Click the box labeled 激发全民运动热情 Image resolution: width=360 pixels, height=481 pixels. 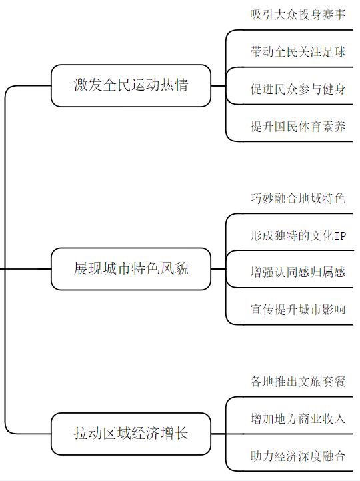[131, 85]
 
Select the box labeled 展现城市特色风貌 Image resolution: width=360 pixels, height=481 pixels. [131, 269]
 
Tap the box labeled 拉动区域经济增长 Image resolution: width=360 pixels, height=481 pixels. [131, 434]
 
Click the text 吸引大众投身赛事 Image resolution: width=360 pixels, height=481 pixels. [298, 15]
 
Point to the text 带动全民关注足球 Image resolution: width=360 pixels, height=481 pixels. [298, 52]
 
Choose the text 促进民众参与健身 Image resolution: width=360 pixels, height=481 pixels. [298, 89]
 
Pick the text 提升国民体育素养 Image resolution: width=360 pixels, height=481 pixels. [298, 127]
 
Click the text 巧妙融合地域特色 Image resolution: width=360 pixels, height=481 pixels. [298, 199]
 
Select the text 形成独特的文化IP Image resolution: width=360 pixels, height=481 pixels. [298, 236]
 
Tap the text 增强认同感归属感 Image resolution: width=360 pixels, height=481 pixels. [298, 272]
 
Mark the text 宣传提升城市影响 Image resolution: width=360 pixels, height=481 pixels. [298, 309]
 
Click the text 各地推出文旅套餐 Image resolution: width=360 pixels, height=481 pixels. [298, 382]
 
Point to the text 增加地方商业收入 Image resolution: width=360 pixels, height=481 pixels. [298, 419]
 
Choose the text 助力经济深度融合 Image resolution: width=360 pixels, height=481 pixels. [298, 456]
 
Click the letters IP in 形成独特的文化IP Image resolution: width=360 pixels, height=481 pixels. [339, 236]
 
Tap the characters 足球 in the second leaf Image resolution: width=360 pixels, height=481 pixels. [334, 52]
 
